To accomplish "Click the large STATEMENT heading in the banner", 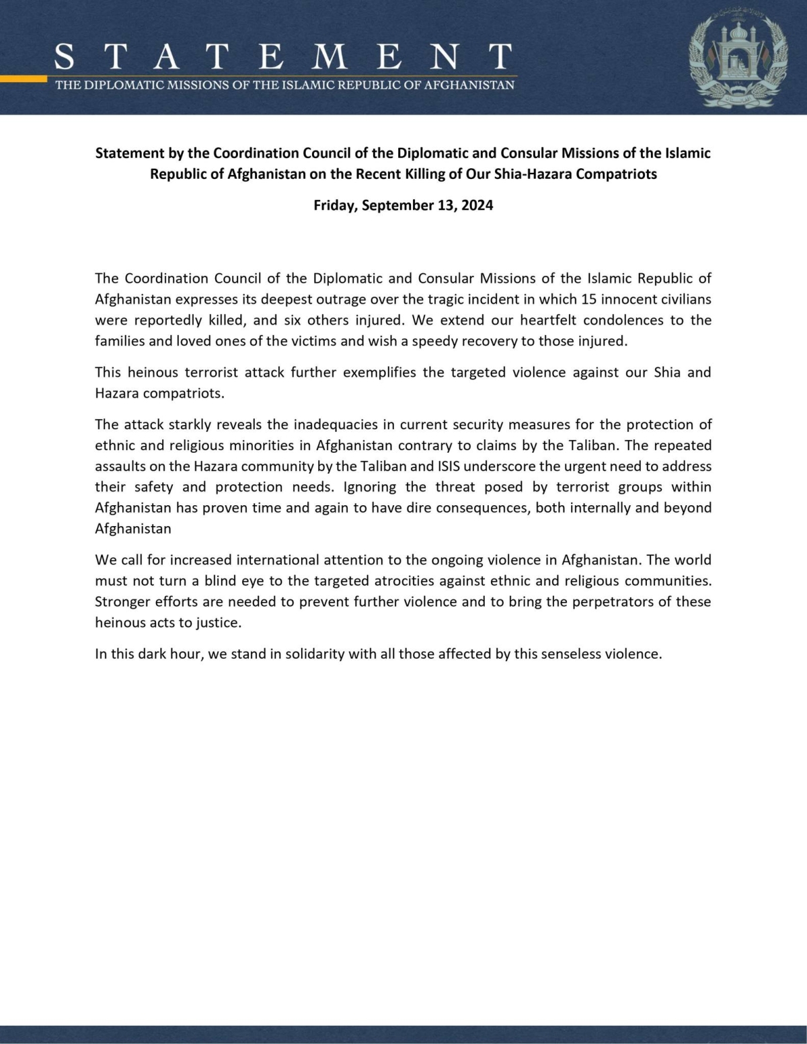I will pos(282,57).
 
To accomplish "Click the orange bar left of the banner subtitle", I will pos(24,79).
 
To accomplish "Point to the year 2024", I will pos(477,206).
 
